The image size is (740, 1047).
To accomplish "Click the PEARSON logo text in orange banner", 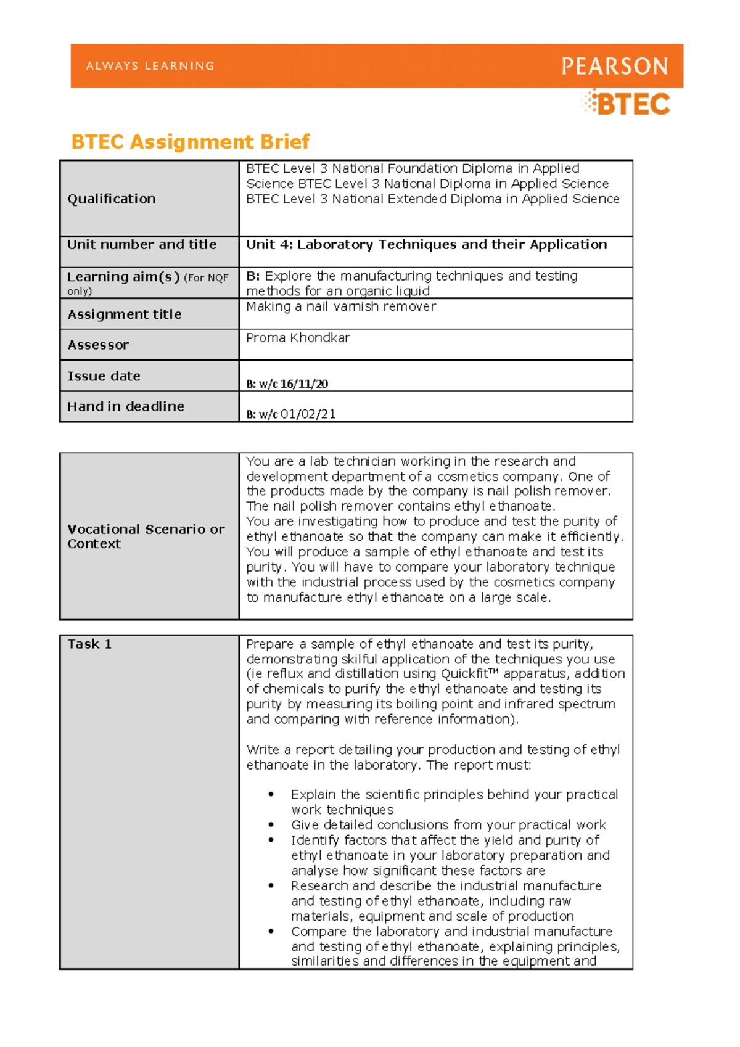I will coord(614,66).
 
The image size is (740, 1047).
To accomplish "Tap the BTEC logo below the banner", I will coord(627,104).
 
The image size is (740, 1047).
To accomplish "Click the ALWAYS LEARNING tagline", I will coord(150,66).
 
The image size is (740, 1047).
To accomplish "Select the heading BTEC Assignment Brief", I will coord(190,142).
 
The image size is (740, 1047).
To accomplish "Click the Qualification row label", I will coord(111,199).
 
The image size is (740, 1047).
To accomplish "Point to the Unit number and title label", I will coord(141,244).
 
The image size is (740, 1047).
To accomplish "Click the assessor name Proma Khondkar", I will coord(298,338).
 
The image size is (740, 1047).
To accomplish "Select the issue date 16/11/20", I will coord(304,384).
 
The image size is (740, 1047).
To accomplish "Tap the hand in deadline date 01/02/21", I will coord(308,414).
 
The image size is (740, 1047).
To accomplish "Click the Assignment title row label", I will coord(124,314).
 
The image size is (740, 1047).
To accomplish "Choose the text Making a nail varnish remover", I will coord(340,306).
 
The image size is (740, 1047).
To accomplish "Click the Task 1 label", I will coord(89,644).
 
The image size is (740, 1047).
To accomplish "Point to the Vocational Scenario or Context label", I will coord(146,536).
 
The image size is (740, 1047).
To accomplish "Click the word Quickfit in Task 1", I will coord(464,674).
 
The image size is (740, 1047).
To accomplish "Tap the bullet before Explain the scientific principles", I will coord(271,795).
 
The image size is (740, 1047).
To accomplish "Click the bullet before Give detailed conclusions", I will coord(271,825).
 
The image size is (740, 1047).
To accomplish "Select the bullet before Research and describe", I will coord(271,886).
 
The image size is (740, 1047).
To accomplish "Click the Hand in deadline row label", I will coord(125,406).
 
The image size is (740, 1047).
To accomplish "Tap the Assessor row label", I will coord(98,345).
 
